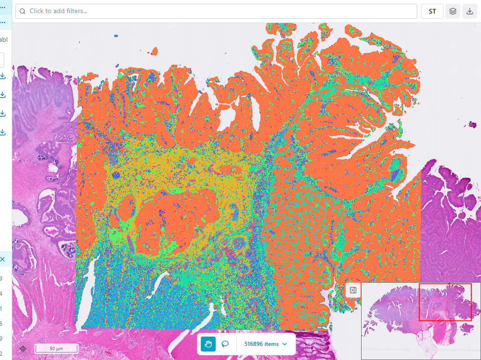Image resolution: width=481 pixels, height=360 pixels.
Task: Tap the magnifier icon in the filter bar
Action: (x=22, y=11)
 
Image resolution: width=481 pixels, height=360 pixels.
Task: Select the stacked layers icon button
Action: (x=452, y=11)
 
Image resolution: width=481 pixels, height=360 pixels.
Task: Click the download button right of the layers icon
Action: (x=470, y=11)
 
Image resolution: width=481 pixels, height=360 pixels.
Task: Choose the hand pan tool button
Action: (x=208, y=344)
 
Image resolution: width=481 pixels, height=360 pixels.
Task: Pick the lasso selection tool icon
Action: (x=225, y=344)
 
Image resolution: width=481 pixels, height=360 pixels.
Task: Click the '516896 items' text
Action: (x=261, y=344)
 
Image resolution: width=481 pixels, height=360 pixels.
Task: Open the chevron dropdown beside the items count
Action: (x=285, y=344)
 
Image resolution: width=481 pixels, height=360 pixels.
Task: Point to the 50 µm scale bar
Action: (x=56, y=349)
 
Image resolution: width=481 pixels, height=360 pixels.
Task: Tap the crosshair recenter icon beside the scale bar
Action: (x=23, y=349)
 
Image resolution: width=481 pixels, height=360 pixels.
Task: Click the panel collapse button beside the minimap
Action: (x=353, y=290)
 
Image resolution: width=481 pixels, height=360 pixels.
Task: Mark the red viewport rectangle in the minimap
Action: (x=444, y=302)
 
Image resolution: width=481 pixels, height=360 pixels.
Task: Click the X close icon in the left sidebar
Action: (x=2, y=259)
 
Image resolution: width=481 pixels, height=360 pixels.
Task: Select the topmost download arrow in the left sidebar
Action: (x=2, y=76)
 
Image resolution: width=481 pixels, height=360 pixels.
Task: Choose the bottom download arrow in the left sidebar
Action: (x=2, y=132)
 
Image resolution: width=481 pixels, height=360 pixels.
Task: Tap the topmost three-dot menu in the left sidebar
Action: (x=2, y=7)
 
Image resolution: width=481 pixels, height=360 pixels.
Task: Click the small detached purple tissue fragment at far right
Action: (x=473, y=125)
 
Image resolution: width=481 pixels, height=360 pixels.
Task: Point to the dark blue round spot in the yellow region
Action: (x=117, y=176)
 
